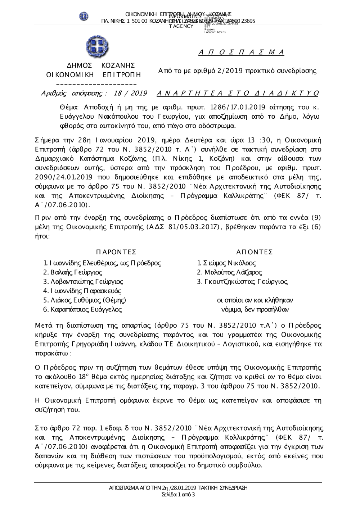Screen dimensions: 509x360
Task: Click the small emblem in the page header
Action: (84, 16)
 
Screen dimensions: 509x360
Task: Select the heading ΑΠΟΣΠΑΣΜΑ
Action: (241, 53)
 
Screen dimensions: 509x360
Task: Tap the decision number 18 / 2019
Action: (130, 94)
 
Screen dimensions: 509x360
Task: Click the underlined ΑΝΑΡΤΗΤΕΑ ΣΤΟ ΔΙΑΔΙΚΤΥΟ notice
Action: (238, 94)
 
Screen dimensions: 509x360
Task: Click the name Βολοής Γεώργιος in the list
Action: (73, 272)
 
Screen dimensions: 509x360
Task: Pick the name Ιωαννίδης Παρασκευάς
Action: (82, 291)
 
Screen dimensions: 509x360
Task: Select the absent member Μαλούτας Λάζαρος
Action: (229, 272)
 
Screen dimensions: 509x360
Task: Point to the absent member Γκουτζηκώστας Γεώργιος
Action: (242, 282)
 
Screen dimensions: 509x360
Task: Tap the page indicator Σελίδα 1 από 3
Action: (179, 495)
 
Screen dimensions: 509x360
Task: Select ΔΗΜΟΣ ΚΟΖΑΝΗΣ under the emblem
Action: (101, 65)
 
